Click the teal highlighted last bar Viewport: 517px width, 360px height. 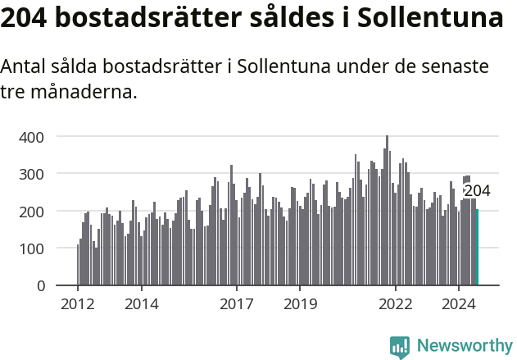pyautogui.click(x=478, y=248)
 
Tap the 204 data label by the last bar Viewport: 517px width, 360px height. pyautogui.click(x=477, y=191)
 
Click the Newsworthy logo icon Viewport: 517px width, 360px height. pyautogui.click(x=400, y=346)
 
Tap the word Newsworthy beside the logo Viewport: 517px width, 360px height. pyautogui.click(x=465, y=346)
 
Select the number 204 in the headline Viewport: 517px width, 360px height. pyautogui.click(x=25, y=18)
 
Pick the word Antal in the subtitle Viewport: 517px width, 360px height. pyautogui.click(x=25, y=67)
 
